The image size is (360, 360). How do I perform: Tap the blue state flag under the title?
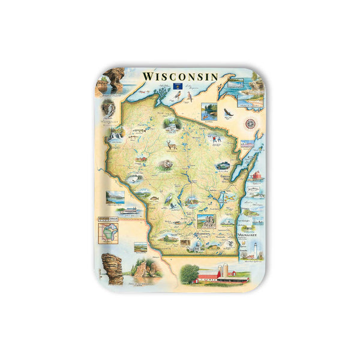(178, 86)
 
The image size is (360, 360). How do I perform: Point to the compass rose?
(250, 124)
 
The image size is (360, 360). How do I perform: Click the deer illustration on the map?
(173, 145)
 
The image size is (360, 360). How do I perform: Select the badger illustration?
(164, 164)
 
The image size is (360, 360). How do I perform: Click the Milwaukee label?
(246, 234)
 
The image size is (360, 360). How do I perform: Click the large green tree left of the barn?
(188, 274)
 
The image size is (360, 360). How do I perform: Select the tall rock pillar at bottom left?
(112, 268)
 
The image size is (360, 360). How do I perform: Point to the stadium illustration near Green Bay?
(222, 165)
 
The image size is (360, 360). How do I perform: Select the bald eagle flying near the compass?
(228, 112)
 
